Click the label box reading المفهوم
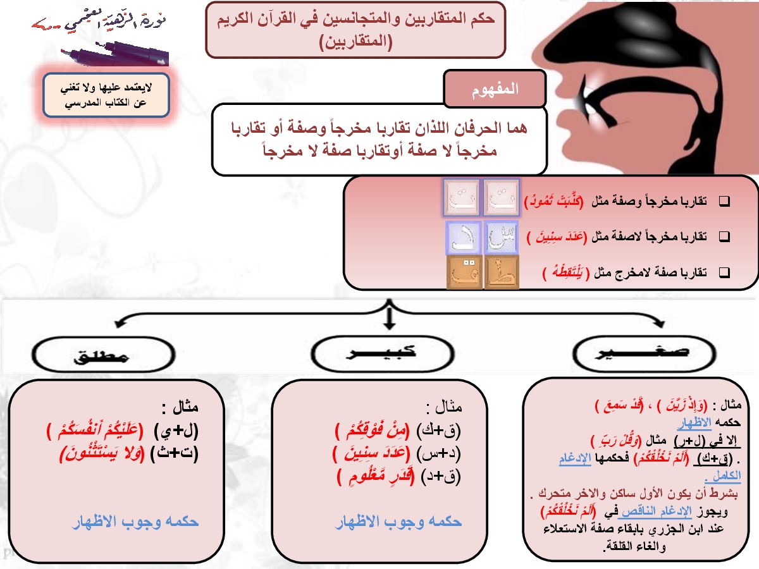click(x=495, y=89)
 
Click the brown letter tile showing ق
click(x=465, y=272)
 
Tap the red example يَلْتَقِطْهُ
click(x=564, y=273)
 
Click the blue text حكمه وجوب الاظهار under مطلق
click(x=135, y=522)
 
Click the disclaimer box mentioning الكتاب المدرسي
click(x=106, y=95)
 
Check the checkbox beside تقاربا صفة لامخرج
click(x=725, y=273)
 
